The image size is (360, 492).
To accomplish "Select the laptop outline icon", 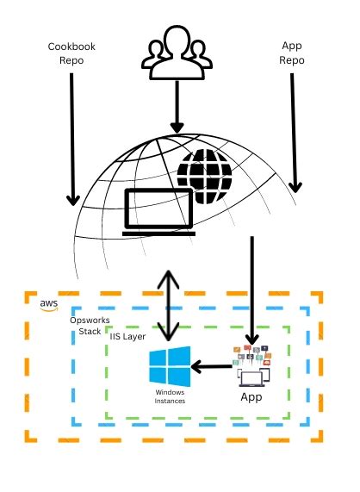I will (x=158, y=212).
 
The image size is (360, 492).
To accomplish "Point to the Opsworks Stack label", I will (x=84, y=326).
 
